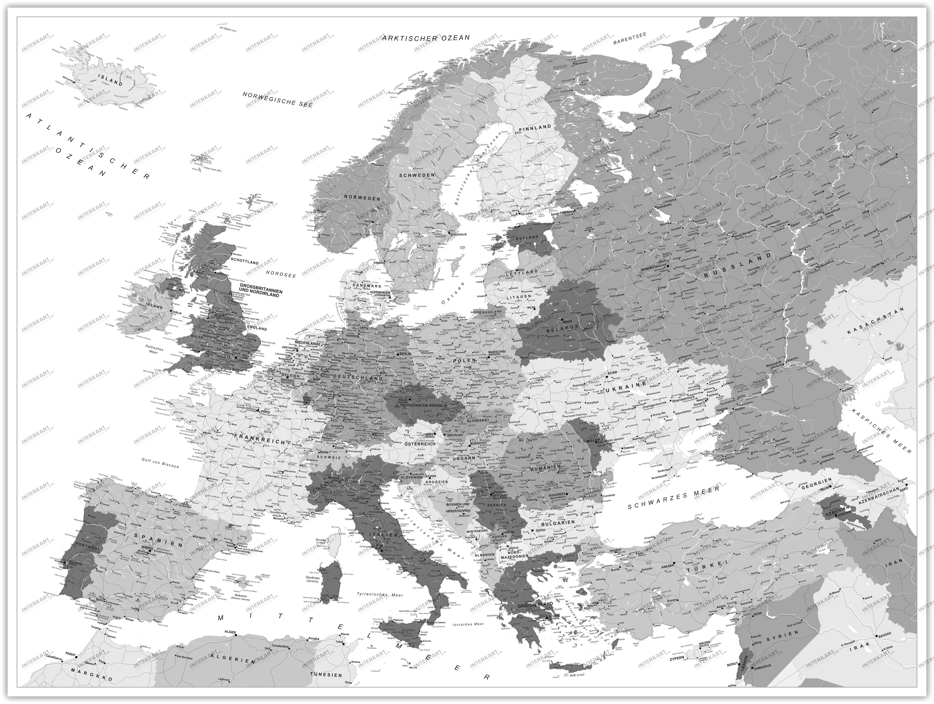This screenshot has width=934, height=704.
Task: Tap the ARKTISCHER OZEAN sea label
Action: pyautogui.click(x=426, y=38)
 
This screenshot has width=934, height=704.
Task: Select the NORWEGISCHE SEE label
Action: pyautogui.click(x=277, y=99)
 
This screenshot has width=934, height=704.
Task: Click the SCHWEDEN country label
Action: pyautogui.click(x=417, y=175)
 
